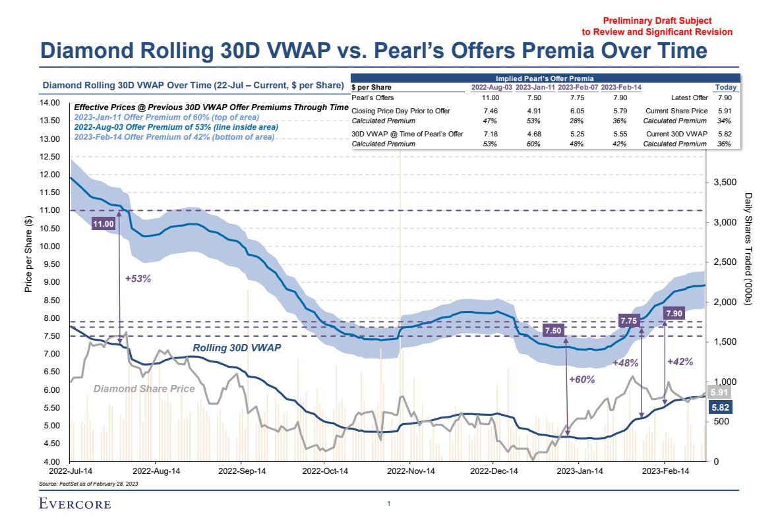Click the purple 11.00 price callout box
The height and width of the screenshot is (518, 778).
pyautogui.click(x=104, y=224)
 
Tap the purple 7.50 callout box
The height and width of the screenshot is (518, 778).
pyautogui.click(x=554, y=330)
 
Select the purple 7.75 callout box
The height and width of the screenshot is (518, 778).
pyautogui.click(x=630, y=321)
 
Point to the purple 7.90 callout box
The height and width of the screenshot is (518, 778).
pyautogui.click(x=674, y=312)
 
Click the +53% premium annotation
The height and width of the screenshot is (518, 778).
pyautogui.click(x=138, y=278)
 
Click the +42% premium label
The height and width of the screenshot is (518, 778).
pyautogui.click(x=680, y=361)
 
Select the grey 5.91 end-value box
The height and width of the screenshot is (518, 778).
pyautogui.click(x=718, y=393)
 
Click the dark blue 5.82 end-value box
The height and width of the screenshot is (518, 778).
pyautogui.click(x=718, y=407)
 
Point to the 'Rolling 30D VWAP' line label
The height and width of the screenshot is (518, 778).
pyautogui.click(x=237, y=347)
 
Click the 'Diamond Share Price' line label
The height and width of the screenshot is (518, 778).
pyautogui.click(x=144, y=389)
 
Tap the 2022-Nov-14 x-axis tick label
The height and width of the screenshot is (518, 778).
pyautogui.click(x=411, y=471)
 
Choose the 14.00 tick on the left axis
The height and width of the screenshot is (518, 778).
pyautogui.click(x=50, y=103)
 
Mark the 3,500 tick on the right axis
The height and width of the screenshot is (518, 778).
pyautogui.click(x=725, y=182)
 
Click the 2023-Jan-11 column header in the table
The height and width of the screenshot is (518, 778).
pyautogui.click(x=535, y=87)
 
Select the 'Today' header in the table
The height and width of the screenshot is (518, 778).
pyautogui.click(x=726, y=87)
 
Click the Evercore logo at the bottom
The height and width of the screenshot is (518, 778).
pyautogui.click(x=74, y=504)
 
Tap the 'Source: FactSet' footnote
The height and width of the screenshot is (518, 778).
pyautogui.click(x=89, y=484)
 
